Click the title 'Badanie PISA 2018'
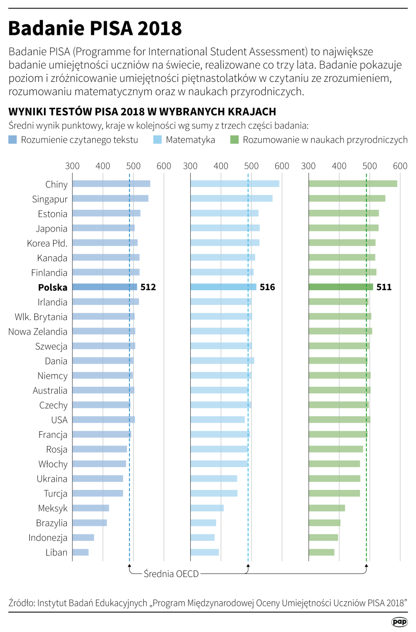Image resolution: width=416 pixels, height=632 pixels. point(95,29)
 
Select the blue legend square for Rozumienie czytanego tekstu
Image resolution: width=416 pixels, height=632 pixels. point(13,140)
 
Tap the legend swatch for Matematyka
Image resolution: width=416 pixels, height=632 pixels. point(157,140)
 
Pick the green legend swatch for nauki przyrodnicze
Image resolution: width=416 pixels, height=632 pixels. point(234,140)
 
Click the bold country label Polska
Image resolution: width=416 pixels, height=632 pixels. point(53,287)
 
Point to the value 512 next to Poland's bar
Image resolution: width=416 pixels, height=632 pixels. point(148,287)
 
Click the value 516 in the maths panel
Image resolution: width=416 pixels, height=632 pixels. point(267,287)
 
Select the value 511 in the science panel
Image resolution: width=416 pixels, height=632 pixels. point(384,287)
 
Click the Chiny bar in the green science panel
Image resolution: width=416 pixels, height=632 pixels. point(353,184)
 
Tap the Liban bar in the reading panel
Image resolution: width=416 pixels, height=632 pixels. point(80,553)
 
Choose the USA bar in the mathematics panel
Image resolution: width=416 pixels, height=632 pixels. point(217,420)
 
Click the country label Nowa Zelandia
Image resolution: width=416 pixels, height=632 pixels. point(37,332)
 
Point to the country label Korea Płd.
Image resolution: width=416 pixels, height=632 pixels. point(47,243)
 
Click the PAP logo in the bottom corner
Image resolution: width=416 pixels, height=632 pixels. point(399,622)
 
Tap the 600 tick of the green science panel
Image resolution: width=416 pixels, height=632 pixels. point(400,166)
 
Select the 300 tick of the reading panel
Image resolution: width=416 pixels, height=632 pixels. point(72,166)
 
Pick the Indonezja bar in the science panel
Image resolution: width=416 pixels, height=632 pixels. point(323,538)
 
